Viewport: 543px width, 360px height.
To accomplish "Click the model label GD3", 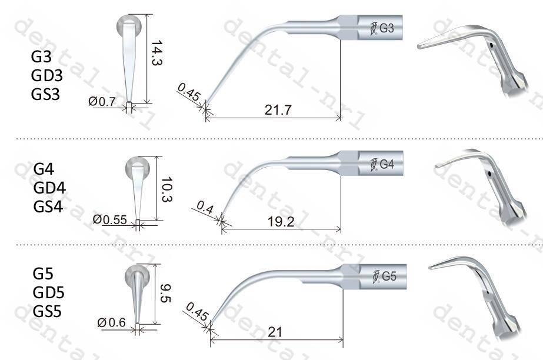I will (x=46, y=76).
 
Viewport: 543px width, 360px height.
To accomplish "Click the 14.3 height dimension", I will (x=156, y=54).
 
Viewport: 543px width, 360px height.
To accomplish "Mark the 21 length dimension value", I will (x=275, y=332).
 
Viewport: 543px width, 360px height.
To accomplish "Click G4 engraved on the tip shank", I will (x=386, y=165).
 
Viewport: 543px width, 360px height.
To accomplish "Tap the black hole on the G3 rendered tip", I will (x=490, y=45).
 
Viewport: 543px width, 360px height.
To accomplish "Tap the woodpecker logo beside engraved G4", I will (x=374, y=165).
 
